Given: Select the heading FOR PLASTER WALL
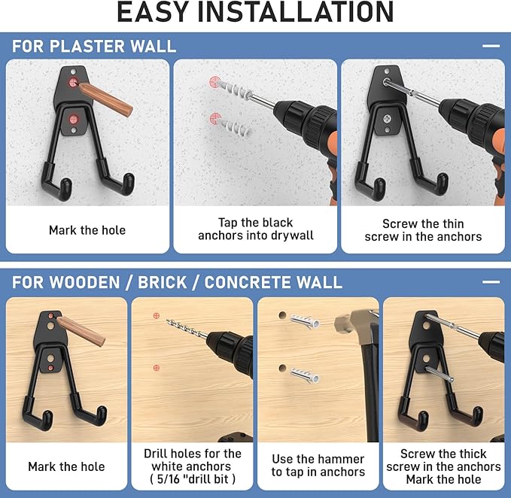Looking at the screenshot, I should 94,46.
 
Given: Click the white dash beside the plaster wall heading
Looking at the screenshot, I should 491,46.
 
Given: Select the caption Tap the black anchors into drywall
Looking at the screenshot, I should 255,229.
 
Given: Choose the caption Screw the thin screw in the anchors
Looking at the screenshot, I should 423,229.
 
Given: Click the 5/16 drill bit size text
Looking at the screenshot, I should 193,478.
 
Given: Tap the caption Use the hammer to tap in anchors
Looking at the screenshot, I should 318,466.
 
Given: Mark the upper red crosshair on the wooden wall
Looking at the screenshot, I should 157,315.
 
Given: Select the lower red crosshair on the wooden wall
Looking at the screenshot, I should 157,369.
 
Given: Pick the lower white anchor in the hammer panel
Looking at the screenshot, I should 304,373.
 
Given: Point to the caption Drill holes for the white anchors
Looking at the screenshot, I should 193,460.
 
